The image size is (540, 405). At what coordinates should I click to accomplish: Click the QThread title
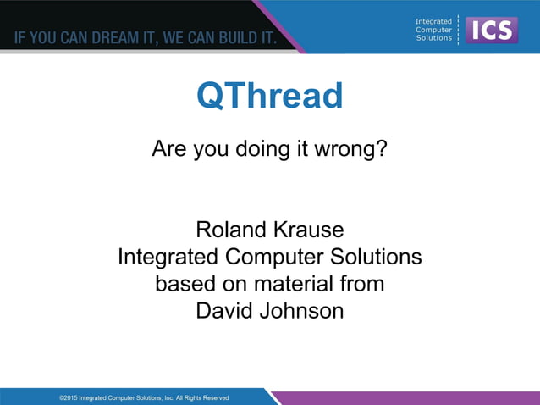[269, 97]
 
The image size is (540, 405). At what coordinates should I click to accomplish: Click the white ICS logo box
[492, 30]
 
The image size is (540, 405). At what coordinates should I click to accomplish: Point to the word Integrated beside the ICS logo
[433, 21]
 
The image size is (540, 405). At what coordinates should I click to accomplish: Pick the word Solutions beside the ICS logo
[433, 38]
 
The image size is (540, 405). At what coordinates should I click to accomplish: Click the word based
[185, 284]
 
